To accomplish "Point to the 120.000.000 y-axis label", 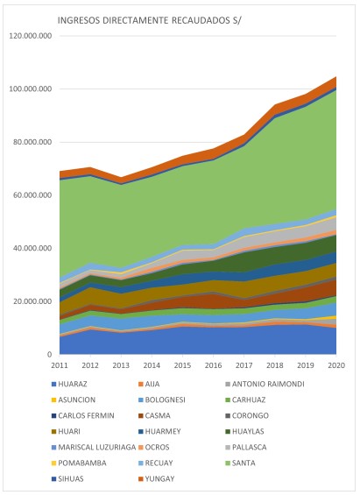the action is pyautogui.click(x=31, y=36).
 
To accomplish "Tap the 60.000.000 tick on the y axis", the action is pyautogui.click(x=32, y=195).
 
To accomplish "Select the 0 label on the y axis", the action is pyautogui.click(x=50, y=355).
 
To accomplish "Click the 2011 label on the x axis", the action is pyautogui.click(x=60, y=365).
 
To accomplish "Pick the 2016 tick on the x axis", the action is pyautogui.click(x=214, y=365).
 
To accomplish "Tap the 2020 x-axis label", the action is pyautogui.click(x=336, y=365).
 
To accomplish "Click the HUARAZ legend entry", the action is pyautogui.click(x=69, y=385).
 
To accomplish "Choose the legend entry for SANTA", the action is pyautogui.click(x=241, y=463).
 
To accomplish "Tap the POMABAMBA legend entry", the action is pyautogui.click(x=79, y=463).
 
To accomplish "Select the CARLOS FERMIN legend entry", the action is pyautogui.click(x=83, y=416).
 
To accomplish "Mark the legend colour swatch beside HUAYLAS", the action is pyautogui.click(x=228, y=432).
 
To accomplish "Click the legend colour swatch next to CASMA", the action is pyautogui.click(x=141, y=416).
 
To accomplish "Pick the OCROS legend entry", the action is pyautogui.click(x=154, y=448).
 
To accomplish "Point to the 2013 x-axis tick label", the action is pyautogui.click(x=121, y=365).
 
